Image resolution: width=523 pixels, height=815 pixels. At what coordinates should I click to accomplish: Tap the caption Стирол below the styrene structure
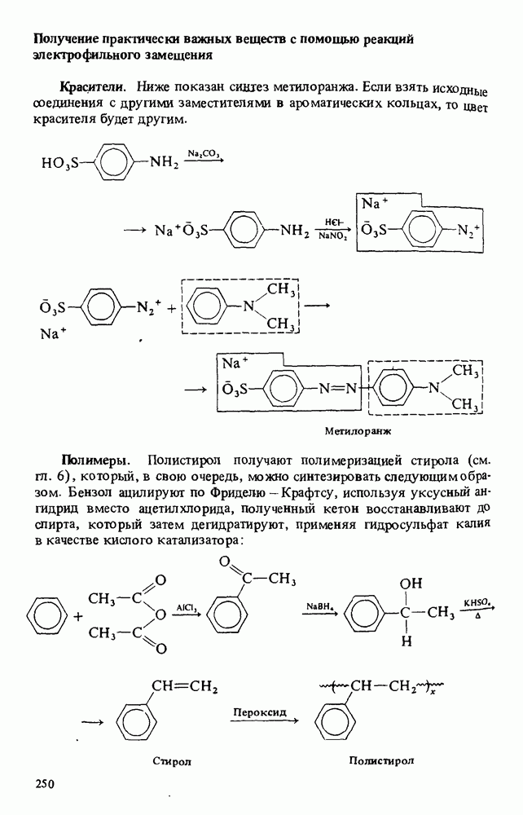[x=171, y=761]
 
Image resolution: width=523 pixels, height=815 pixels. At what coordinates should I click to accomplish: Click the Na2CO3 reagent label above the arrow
[x=203, y=153]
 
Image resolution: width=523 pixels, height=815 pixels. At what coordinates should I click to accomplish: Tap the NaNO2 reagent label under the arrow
[x=334, y=238]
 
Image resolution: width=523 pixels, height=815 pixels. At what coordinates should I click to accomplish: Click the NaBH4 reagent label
[x=317, y=606]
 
